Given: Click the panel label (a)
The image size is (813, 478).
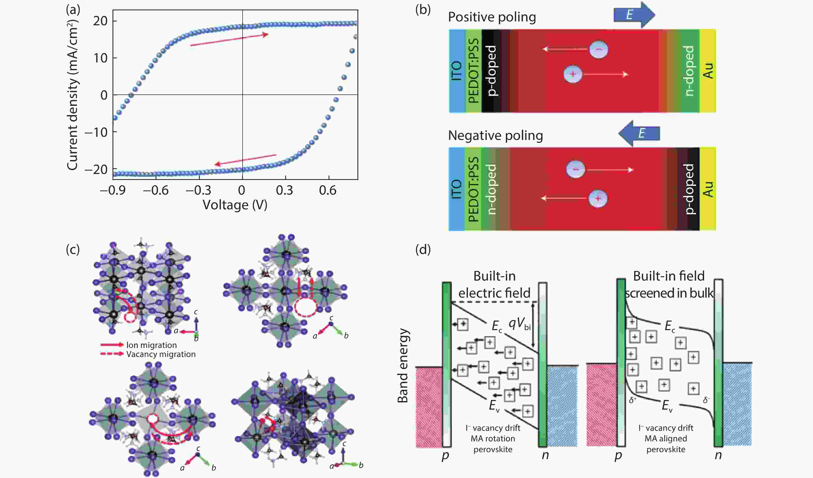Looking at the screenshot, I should (73, 10).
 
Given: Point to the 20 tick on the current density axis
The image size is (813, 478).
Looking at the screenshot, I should (100, 21).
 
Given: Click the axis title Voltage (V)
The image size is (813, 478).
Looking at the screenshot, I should (235, 205).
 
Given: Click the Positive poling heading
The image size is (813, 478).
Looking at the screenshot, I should (492, 17).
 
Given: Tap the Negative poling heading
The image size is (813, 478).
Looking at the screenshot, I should (496, 136).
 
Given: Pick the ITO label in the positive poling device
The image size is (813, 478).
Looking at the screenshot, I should (457, 71).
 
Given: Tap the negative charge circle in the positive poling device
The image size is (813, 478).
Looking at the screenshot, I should (599, 49).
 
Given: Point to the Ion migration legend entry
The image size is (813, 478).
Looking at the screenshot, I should (151, 345).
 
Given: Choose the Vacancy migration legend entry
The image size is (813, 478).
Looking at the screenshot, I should (161, 354).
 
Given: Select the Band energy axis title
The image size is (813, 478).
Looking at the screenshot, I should (403, 366).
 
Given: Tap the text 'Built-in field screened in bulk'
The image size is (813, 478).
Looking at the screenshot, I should (669, 284).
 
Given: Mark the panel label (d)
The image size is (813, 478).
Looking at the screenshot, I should (423, 249).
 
